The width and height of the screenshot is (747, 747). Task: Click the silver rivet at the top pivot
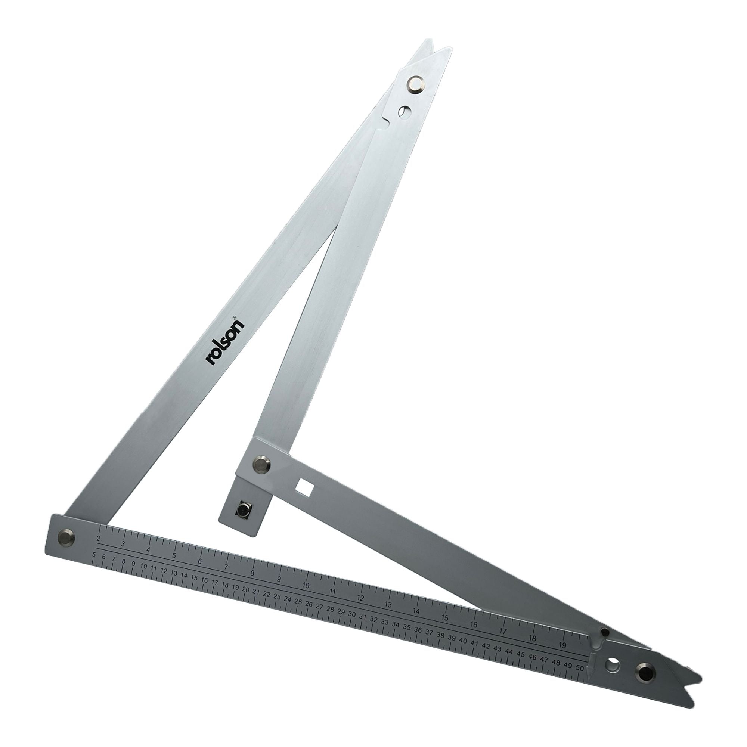click(416, 84)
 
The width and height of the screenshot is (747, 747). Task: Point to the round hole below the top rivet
click(405, 111)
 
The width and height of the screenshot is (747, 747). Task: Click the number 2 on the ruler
click(98, 539)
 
